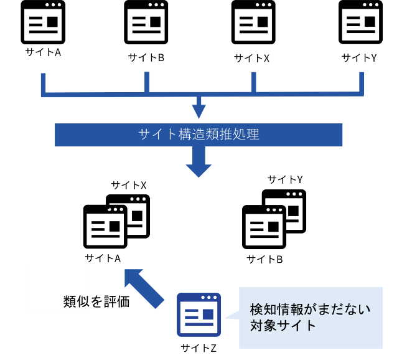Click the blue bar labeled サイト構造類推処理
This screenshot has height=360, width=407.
click(x=199, y=135)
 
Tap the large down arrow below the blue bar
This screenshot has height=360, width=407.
click(x=199, y=163)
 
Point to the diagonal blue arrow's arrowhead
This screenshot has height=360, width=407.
click(x=133, y=277)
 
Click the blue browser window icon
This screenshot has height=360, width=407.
click(x=199, y=315)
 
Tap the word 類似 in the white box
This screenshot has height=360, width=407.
click(x=75, y=301)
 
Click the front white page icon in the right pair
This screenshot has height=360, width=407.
click(x=264, y=229)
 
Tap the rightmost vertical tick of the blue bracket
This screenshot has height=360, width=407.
click(x=362, y=83)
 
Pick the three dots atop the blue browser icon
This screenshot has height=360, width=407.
click(x=209, y=297)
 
